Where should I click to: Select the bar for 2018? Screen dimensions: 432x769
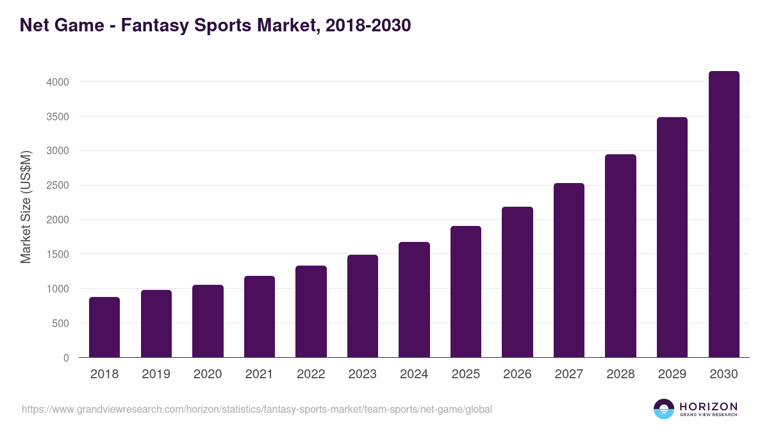[x=104, y=327]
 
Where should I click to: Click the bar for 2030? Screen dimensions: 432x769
[x=724, y=214]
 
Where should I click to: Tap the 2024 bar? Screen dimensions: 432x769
[x=414, y=300]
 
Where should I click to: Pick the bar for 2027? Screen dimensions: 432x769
[x=569, y=270]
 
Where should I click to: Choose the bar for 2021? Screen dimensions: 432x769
[x=260, y=316]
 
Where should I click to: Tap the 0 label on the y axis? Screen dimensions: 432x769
[x=66, y=358]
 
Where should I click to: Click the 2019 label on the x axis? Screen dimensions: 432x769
[x=156, y=374]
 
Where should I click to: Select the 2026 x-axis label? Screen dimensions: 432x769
[x=517, y=374]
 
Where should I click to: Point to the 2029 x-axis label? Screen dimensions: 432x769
[x=672, y=374]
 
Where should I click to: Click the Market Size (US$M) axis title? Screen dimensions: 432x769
[x=26, y=206]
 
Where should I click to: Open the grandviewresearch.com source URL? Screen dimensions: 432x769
[x=257, y=409]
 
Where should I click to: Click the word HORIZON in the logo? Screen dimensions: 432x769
[x=708, y=406]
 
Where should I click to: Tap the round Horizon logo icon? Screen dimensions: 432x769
[x=664, y=409]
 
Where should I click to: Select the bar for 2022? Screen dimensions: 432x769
[x=311, y=311]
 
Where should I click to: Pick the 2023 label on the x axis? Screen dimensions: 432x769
[x=363, y=374]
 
